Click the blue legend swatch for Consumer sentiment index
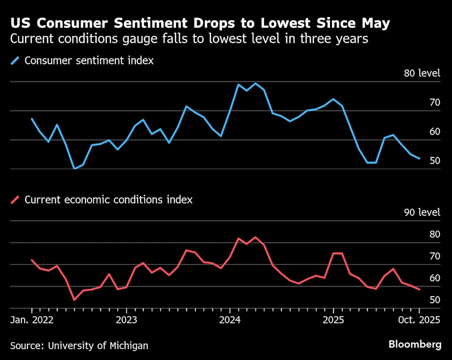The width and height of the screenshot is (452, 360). click(x=16, y=61)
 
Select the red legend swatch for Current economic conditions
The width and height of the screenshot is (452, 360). click(x=16, y=200)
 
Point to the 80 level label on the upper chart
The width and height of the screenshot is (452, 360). click(x=422, y=73)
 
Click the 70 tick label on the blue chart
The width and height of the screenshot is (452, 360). click(x=435, y=103)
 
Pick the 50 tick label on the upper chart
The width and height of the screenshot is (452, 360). click(x=435, y=161)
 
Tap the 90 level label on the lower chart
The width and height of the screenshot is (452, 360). click(x=422, y=213)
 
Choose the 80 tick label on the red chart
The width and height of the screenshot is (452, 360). click(x=435, y=234)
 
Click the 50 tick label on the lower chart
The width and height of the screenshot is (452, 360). click(x=435, y=300)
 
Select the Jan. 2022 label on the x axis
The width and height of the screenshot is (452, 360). click(x=32, y=320)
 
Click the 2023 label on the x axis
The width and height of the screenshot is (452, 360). click(x=126, y=320)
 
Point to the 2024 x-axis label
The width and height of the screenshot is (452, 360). click(x=230, y=320)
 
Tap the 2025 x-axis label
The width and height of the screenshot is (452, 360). click(x=333, y=320)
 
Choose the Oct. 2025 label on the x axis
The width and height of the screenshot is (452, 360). click(x=419, y=320)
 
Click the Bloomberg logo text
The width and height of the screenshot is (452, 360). click(x=415, y=345)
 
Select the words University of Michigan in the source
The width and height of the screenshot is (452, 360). click(x=97, y=346)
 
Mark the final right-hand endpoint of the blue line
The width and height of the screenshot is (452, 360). click(x=419, y=159)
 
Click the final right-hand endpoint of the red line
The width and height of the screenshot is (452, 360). click(x=419, y=289)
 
